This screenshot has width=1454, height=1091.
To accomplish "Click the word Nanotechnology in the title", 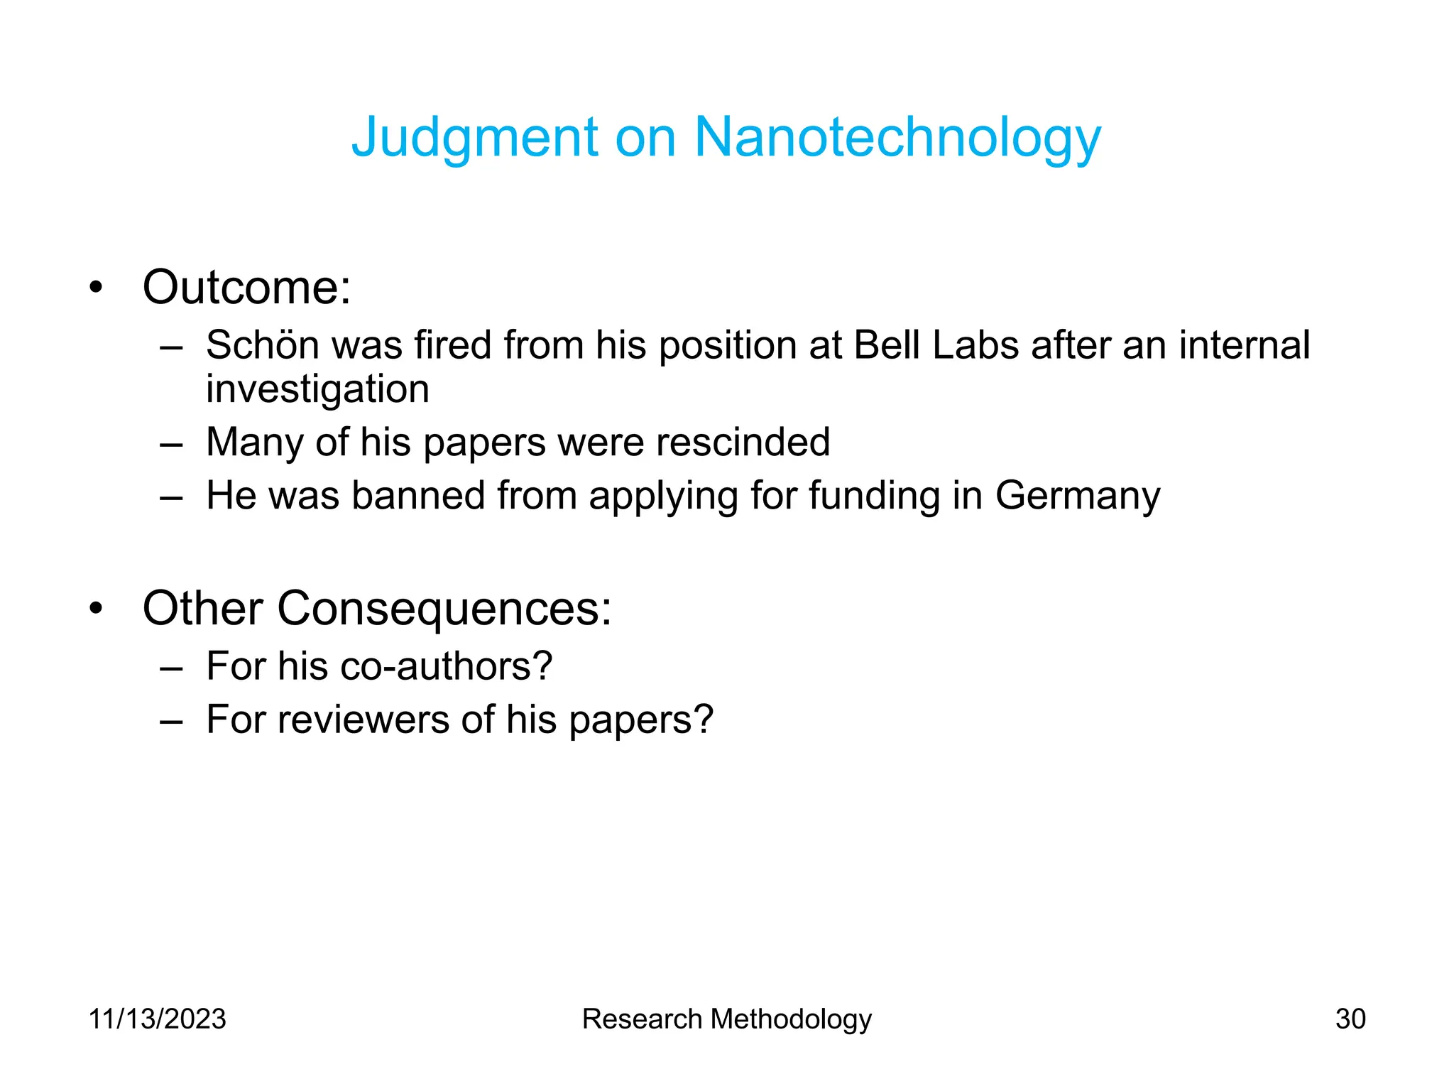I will tap(897, 138).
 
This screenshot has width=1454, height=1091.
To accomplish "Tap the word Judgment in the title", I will tap(475, 138).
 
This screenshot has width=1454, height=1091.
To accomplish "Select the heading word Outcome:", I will tap(246, 288).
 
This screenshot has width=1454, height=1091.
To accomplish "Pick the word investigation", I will tap(317, 390).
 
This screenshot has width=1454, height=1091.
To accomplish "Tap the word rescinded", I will tap(743, 443).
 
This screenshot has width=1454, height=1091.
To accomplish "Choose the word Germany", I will tap(1078, 496).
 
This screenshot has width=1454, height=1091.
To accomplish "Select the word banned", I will tap(418, 496).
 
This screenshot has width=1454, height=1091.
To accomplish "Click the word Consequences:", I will tap(444, 609).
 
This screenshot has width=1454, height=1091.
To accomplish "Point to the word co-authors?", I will tap(446, 667).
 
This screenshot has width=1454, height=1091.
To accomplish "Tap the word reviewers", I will tap(363, 720).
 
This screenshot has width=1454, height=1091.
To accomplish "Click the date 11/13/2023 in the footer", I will tap(157, 1019).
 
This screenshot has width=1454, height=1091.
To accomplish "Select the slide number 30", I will tap(1350, 1019).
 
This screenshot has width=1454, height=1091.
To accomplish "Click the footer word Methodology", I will tap(791, 1019).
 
